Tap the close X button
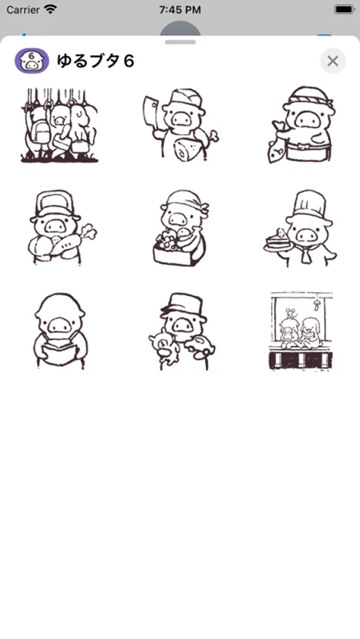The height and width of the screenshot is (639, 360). click(333, 61)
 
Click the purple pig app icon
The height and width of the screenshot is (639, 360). click(32, 61)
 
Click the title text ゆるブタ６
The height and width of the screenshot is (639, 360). click(95, 61)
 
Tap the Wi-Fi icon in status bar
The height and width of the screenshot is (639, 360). click(50, 9)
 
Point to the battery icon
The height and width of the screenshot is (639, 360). click(344, 9)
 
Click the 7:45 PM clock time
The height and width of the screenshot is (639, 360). click(180, 10)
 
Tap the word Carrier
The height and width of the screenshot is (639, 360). click(23, 9)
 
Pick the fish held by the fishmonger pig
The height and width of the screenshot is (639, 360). click(278, 141)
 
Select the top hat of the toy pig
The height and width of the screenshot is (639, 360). click(182, 304)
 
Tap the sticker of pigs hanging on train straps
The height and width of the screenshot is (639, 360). click(60, 125)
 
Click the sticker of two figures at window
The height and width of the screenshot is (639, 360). click(301, 332)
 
